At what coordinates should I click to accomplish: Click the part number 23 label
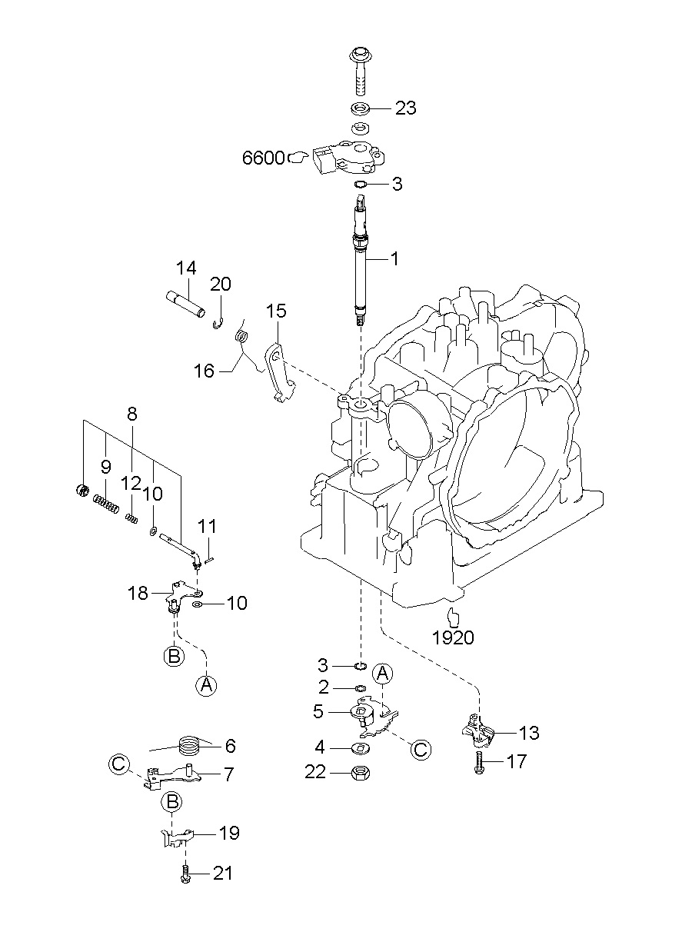pyautogui.click(x=405, y=108)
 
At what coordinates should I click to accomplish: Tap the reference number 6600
pyautogui.click(x=264, y=158)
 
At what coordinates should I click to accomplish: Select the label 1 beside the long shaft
pyautogui.click(x=394, y=260)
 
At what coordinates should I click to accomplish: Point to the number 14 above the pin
pyautogui.click(x=185, y=268)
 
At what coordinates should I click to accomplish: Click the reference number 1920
pyautogui.click(x=453, y=637)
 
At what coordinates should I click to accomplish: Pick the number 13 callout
pyautogui.click(x=529, y=733)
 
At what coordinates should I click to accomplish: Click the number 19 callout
pyautogui.click(x=229, y=833)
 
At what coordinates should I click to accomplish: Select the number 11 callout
pyautogui.click(x=207, y=527)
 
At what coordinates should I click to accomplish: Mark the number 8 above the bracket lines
pyautogui.click(x=131, y=414)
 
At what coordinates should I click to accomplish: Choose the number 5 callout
pyautogui.click(x=318, y=711)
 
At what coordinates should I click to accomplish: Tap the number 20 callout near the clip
pyautogui.click(x=221, y=284)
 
